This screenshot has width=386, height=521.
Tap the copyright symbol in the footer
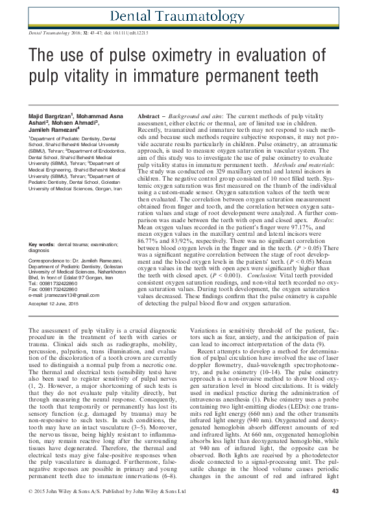pos(30,509)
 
